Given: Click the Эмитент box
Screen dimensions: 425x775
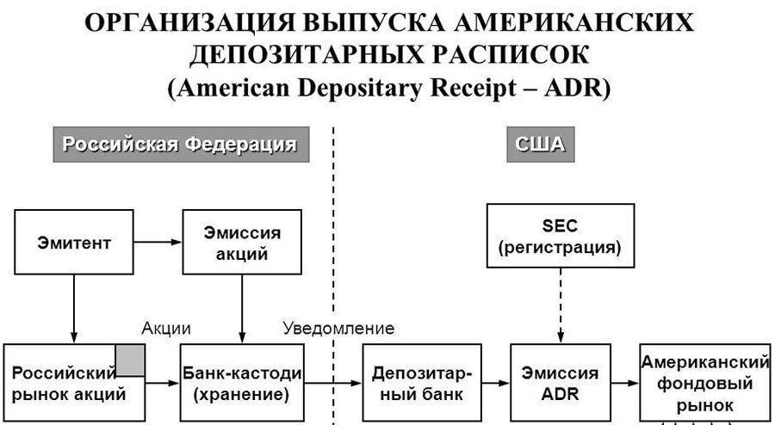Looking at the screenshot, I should [74, 242].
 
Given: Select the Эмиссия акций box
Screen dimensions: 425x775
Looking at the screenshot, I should [242, 242].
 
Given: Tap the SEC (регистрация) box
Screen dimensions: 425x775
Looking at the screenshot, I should [560, 237].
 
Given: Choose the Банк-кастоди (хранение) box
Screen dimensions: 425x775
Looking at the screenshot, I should [242, 383].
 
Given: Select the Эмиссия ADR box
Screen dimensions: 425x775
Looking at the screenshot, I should [560, 383].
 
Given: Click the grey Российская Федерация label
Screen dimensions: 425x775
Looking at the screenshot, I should [181, 144].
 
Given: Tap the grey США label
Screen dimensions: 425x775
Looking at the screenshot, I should [540, 144].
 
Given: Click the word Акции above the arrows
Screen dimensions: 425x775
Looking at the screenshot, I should [166, 328].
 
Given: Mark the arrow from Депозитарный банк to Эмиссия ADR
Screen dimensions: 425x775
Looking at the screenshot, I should [495, 382].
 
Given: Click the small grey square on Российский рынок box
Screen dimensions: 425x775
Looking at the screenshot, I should [130, 360].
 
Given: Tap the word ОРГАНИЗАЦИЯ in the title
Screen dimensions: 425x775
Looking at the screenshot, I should [192, 23].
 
